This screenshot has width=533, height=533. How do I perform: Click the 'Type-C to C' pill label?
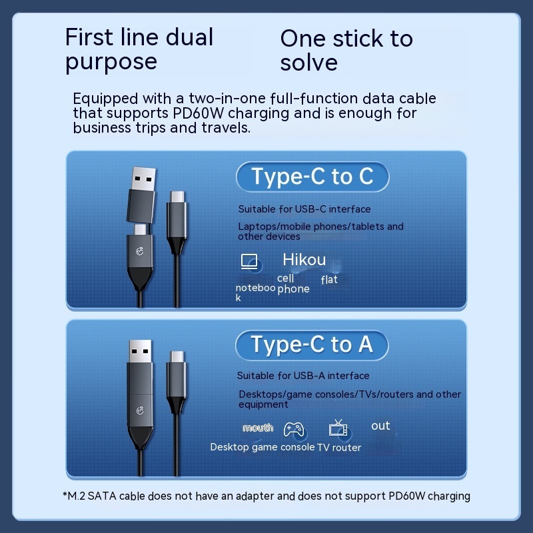(x=312, y=177)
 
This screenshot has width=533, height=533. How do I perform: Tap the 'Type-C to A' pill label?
(x=312, y=345)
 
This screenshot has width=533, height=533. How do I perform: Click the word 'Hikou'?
(x=304, y=260)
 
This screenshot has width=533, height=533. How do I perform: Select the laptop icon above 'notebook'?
(x=249, y=262)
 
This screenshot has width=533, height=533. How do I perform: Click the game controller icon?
(x=293, y=429)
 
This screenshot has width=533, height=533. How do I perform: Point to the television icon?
(x=338, y=428)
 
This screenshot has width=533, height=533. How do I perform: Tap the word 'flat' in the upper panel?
(x=329, y=280)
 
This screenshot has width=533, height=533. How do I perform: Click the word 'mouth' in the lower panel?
(x=258, y=428)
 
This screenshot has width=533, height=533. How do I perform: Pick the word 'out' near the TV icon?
(x=380, y=426)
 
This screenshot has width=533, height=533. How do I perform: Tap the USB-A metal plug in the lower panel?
(x=141, y=351)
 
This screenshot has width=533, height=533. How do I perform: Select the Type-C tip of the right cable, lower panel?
(x=177, y=356)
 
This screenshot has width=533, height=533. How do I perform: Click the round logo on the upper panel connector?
(x=140, y=251)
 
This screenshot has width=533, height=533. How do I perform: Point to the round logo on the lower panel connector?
(x=140, y=410)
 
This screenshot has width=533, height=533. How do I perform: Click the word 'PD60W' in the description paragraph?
(x=198, y=113)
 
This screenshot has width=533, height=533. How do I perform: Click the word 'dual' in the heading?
(x=189, y=37)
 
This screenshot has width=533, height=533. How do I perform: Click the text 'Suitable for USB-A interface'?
(x=303, y=376)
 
